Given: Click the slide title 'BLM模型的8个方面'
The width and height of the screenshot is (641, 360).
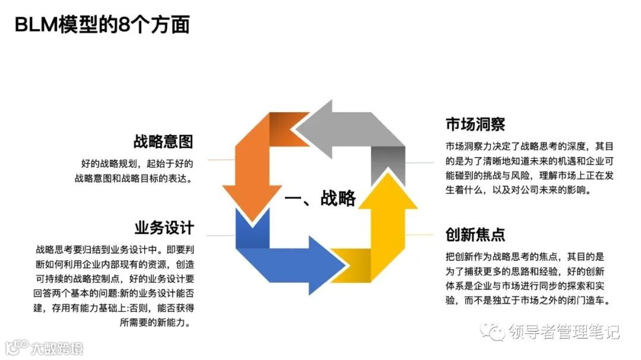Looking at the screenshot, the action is click(x=102, y=25).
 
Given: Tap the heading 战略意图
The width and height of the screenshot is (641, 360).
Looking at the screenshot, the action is click(x=163, y=142).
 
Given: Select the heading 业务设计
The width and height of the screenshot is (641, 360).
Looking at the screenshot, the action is click(x=164, y=228).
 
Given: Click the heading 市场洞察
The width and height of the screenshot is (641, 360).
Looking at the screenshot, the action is click(x=475, y=125).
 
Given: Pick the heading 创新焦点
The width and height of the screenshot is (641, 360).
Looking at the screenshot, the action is click(x=475, y=234).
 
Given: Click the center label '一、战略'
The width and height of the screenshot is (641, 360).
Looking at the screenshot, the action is click(x=320, y=198).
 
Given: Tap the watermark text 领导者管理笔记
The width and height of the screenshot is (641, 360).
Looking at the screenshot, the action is click(x=564, y=332).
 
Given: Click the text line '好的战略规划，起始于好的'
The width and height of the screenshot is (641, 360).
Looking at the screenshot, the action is click(x=137, y=163).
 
